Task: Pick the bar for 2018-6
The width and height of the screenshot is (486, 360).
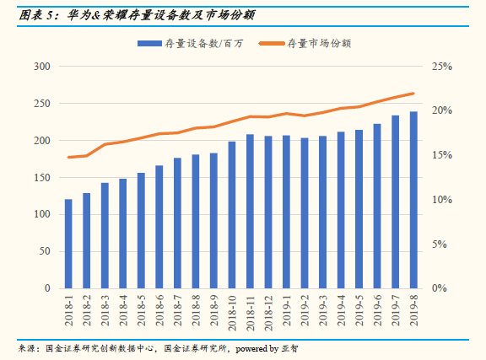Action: pyautogui.click(x=159, y=227)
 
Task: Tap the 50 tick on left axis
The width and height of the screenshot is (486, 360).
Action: pyautogui.click(x=43, y=251)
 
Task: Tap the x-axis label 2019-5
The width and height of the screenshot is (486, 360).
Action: pyautogui.click(x=359, y=309)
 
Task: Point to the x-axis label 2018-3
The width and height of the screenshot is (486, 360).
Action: pyautogui.click(x=105, y=309)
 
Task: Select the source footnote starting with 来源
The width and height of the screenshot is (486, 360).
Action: pyautogui.click(x=160, y=347)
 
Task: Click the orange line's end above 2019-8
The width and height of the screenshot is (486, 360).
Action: pyautogui.click(x=413, y=93)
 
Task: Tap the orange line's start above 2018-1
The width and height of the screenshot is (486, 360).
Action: pyautogui.click(x=68, y=157)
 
